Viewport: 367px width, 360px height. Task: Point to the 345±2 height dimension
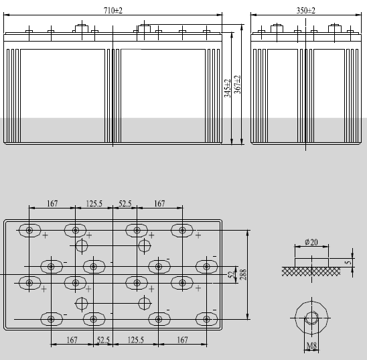tap(228, 86)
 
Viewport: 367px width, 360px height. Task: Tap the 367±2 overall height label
tap(238, 86)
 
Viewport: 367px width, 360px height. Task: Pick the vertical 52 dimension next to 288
tap(232, 275)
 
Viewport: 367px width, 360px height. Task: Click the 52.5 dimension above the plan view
tap(126, 203)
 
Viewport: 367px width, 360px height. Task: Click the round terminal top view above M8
tap(312, 316)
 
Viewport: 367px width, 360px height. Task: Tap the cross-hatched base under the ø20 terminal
tap(311, 270)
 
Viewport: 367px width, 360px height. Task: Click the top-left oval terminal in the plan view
tap(30, 231)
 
